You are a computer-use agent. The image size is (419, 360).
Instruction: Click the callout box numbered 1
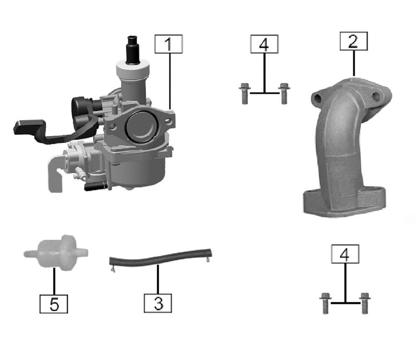(x=168, y=44)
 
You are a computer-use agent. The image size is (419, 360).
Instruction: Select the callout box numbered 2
(x=354, y=41)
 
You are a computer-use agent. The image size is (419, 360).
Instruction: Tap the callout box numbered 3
(x=158, y=303)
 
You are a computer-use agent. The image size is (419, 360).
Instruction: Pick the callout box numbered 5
(x=54, y=304)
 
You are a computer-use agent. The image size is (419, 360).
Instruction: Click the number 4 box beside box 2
(x=264, y=44)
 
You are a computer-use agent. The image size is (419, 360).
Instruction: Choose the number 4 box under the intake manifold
(x=345, y=254)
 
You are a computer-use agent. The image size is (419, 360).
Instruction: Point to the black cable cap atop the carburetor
(x=132, y=50)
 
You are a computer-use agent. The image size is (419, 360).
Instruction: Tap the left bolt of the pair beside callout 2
(x=244, y=93)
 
